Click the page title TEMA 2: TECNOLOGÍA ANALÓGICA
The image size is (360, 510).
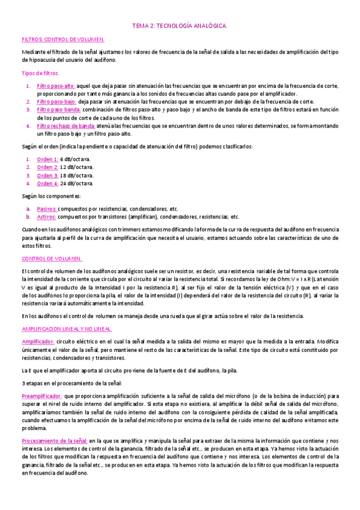pyautogui.click(x=180, y=26)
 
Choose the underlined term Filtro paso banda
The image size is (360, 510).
pyautogui.click(x=58, y=110)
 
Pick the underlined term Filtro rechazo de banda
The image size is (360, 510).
pyautogui.click(x=66, y=126)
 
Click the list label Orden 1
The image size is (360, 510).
pyautogui.click(x=47, y=159)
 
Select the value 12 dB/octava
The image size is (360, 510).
pyautogui.click(x=77, y=167)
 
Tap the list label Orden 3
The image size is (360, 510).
pyautogui.click(x=47, y=176)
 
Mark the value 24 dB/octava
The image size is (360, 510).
pyautogui.click(x=77, y=183)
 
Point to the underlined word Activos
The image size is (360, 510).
pyautogui.click(x=46, y=217)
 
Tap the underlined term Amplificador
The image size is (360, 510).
pyautogui.click(x=38, y=341)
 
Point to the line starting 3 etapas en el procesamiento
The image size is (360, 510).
pyautogui.click(x=72, y=383)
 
